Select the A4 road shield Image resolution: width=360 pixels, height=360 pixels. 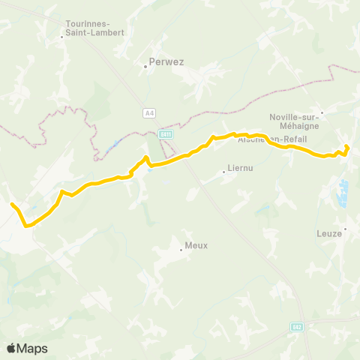pos(149,112)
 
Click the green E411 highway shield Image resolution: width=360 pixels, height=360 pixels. pos(166,134)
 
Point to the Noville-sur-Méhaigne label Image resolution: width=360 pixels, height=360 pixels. pos(294,121)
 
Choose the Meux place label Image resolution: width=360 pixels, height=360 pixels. pos(196,244)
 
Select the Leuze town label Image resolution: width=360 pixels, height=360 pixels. pos(330,233)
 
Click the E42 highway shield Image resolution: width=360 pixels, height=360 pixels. pos(297,327)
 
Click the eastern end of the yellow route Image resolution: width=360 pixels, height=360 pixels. pos(346,146)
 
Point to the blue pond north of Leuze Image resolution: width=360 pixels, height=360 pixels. pos(344,194)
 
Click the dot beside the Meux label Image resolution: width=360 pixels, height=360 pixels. pos(181,249)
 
